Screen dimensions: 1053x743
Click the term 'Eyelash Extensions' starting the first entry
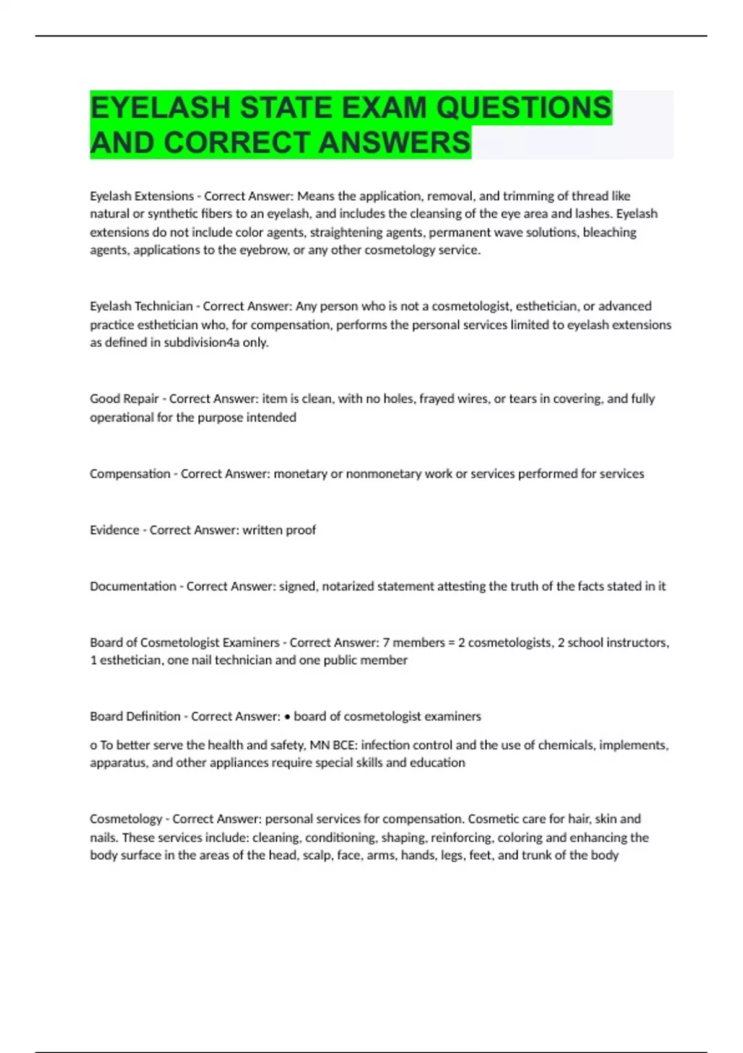[x=142, y=196]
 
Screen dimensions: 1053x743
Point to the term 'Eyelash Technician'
[x=141, y=307]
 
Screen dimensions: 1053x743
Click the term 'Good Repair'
[x=124, y=399]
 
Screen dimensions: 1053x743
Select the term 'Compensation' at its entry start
[x=130, y=474]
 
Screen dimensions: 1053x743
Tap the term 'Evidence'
[x=115, y=530]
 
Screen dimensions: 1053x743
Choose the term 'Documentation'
[x=133, y=587]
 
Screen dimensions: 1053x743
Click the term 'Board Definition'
[x=135, y=717]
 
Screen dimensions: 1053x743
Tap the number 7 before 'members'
[x=386, y=643]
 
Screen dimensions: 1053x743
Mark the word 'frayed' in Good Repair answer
[x=438, y=399]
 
